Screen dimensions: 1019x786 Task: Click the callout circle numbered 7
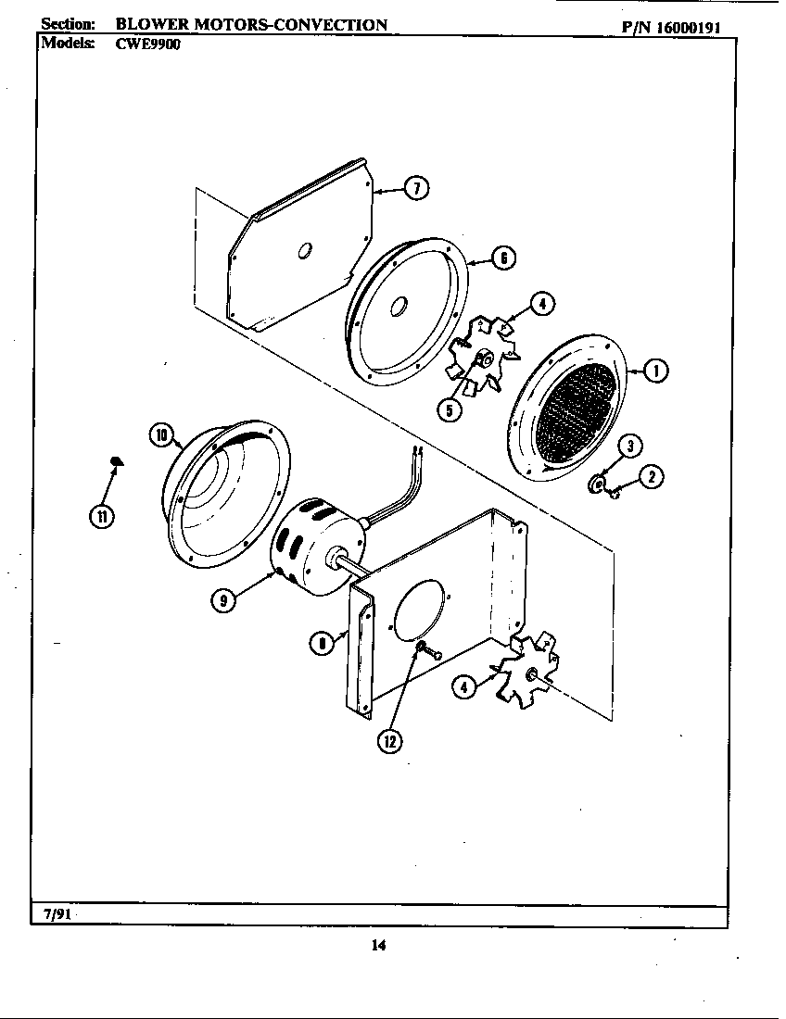pos(416,189)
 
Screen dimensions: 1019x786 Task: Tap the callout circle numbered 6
pos(503,258)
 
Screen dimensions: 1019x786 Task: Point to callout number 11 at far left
pos(100,516)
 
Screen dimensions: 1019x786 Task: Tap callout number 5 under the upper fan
pos(450,410)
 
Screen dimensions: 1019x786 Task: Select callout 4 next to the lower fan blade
pos(464,686)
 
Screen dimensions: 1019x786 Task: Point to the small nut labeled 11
pos(117,460)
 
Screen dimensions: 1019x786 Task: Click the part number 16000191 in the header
pos(694,26)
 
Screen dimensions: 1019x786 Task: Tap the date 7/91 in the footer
pos(56,914)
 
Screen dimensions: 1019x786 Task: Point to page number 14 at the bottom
pos(378,945)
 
